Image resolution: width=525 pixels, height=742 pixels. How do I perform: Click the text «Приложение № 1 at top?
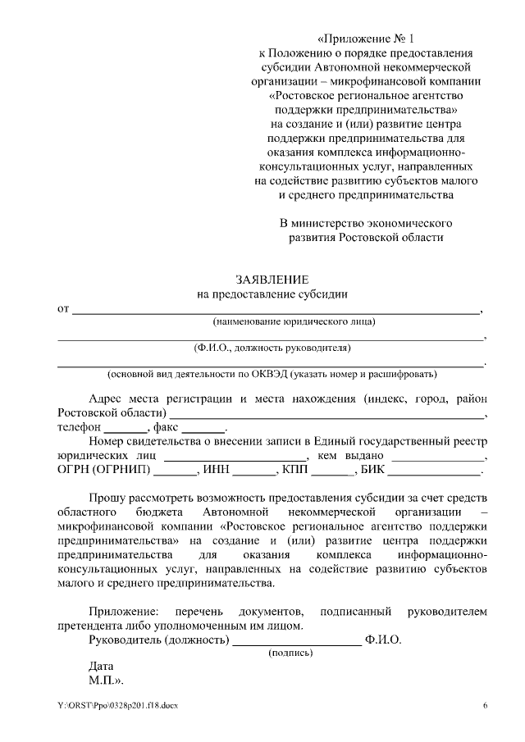[x=367, y=39]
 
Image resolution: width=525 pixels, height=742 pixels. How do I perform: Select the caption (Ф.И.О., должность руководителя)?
[x=267, y=347]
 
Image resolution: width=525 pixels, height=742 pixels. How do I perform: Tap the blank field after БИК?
[x=434, y=473]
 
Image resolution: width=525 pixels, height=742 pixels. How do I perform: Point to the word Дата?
[x=101, y=667]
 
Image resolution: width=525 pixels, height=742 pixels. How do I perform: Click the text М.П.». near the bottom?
[x=105, y=681]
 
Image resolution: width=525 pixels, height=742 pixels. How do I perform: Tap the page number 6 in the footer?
[x=485, y=706]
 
